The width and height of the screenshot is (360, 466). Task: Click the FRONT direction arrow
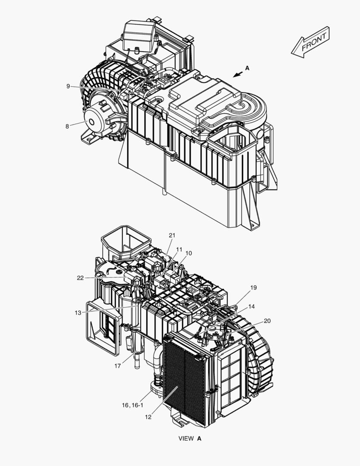[x=310, y=42]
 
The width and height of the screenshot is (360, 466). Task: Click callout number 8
[x=67, y=126]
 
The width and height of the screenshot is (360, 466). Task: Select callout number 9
[x=68, y=86]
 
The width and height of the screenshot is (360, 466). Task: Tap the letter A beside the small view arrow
[x=247, y=68]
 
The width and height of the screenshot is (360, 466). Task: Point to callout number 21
[x=172, y=235]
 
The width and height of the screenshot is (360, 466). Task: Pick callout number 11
[x=179, y=249]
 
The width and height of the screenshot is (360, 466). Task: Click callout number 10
[x=189, y=253]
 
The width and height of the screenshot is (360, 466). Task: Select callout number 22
[x=80, y=278]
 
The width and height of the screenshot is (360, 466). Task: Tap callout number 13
[x=78, y=313]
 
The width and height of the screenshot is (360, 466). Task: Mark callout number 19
[x=253, y=287]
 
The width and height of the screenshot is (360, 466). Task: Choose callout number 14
[x=251, y=306]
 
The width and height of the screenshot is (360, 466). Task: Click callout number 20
[x=267, y=321]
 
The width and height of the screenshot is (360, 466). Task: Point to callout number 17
[x=117, y=366]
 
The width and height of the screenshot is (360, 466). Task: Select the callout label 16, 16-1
[x=132, y=405]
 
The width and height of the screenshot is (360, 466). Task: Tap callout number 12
[x=148, y=417]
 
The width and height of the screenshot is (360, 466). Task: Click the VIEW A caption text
[x=190, y=438]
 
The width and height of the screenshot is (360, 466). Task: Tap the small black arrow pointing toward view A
[x=237, y=75]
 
